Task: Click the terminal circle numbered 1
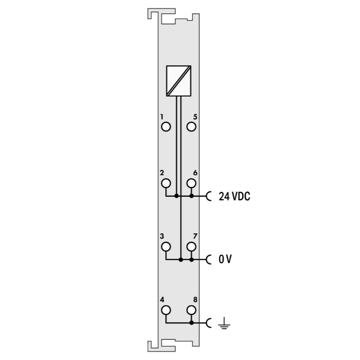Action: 166,127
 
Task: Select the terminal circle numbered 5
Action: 191,127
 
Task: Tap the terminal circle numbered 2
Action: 166,183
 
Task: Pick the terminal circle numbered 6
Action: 191,183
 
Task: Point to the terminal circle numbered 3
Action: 166,247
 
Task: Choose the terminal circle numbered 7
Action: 191,247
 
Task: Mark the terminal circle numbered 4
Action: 166,310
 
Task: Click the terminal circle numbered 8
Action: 191,310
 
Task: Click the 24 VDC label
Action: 234,196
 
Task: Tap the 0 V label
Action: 225,259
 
